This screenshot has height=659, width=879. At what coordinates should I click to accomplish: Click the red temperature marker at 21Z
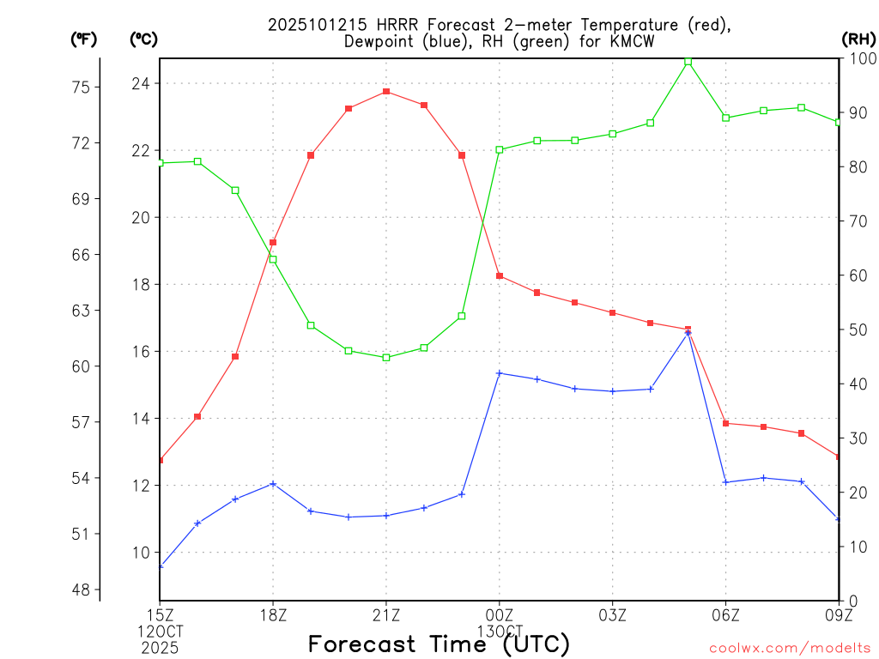click(386, 92)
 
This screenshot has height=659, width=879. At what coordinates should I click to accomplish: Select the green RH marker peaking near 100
click(688, 62)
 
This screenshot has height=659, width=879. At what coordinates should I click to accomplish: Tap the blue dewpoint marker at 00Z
click(500, 373)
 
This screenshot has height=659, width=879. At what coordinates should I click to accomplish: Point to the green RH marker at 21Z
click(386, 357)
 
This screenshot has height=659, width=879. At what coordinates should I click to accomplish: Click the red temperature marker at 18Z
click(273, 243)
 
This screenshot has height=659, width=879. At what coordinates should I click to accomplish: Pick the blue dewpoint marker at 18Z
click(273, 484)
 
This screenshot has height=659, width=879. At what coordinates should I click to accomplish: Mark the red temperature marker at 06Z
click(725, 423)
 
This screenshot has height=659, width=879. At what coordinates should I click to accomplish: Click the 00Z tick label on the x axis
click(500, 614)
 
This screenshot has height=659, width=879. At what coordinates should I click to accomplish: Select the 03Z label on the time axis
click(612, 614)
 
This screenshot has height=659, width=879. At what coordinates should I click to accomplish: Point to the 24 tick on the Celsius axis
click(140, 83)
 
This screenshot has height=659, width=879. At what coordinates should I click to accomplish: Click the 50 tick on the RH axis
click(857, 329)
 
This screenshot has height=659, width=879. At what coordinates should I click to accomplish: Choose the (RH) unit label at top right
click(858, 39)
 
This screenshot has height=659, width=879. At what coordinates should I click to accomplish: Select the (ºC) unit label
click(143, 39)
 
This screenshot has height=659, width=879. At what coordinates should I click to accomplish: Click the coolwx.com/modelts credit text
click(790, 648)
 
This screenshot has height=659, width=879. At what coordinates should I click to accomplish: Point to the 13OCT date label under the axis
click(500, 631)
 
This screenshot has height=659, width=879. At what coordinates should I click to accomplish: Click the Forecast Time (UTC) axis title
click(439, 644)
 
